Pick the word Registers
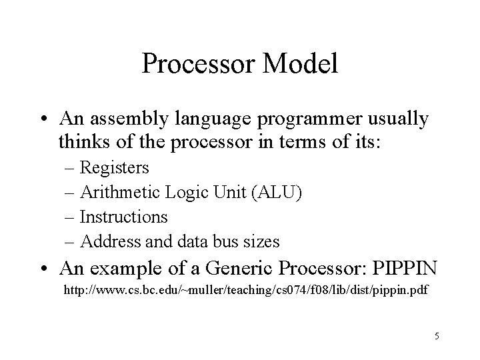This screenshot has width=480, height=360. tap(114, 167)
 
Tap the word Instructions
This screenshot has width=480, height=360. tap(123, 217)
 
